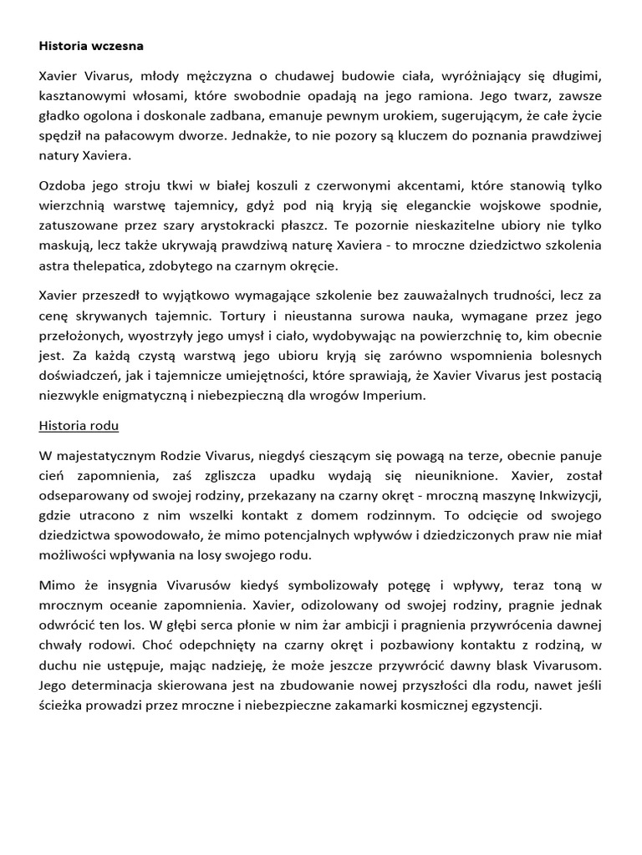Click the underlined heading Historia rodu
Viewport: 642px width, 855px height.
(x=79, y=425)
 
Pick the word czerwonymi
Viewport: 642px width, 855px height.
(x=313, y=185)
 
